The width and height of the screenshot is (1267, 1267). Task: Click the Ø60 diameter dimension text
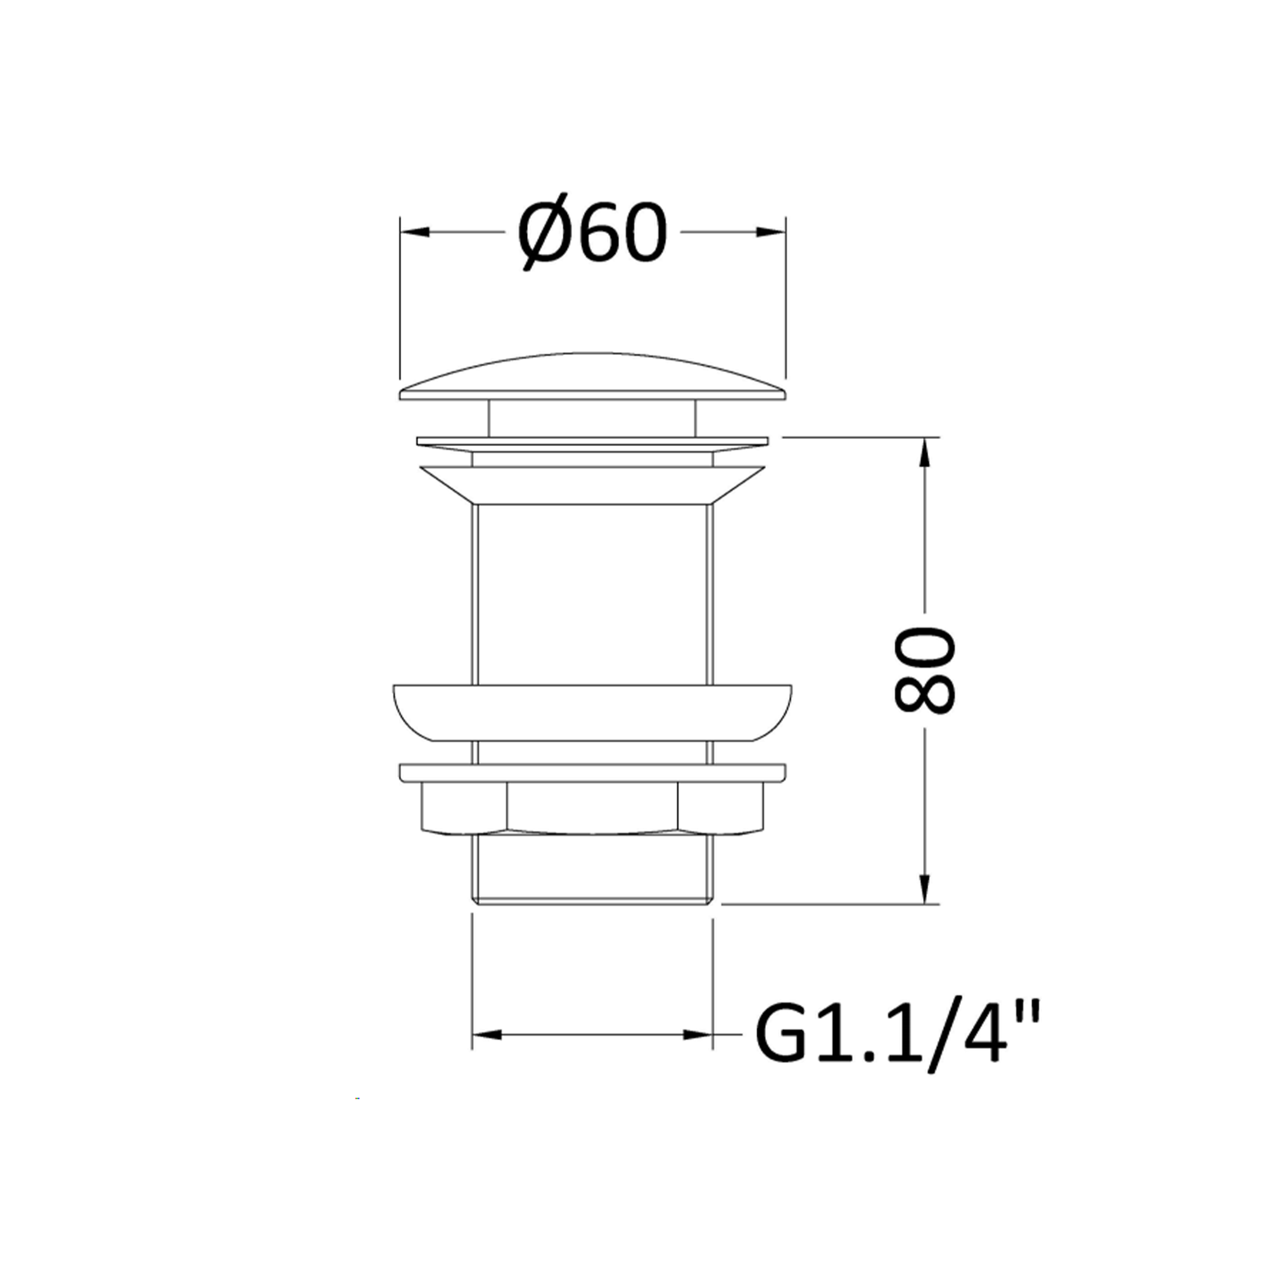pos(592,232)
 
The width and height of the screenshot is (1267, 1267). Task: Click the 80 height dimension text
pos(925,670)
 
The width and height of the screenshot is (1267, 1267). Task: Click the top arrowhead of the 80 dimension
pos(925,452)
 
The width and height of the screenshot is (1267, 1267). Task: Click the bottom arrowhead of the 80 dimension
pos(925,889)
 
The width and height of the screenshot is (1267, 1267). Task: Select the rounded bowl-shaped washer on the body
pos(592,712)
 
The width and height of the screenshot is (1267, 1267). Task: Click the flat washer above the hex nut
pos(592,772)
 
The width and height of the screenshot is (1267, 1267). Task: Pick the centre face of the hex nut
pos(592,808)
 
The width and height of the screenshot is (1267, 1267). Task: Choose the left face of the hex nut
pos(464,808)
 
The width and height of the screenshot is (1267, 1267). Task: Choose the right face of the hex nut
pos(721,808)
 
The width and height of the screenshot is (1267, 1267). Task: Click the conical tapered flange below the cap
pos(592,485)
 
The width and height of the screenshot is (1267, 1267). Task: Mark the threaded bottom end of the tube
pos(592,872)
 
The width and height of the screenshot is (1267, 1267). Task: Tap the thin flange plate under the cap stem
pos(592,443)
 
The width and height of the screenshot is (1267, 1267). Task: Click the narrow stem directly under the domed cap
pos(592,417)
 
